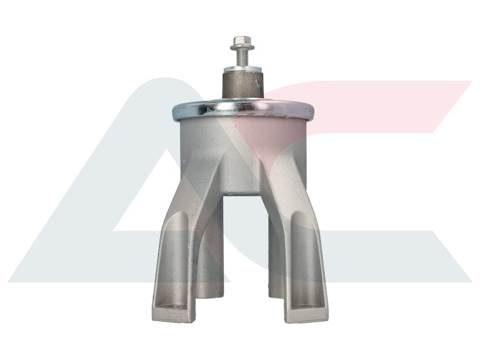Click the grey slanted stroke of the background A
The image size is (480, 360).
coord(102,198)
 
